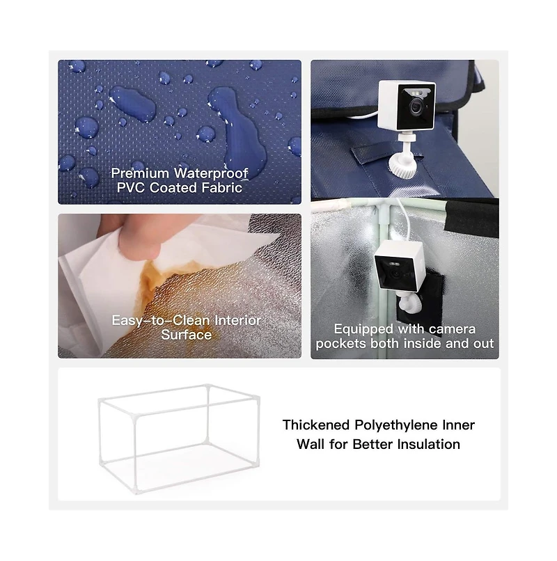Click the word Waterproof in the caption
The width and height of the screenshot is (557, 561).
211,173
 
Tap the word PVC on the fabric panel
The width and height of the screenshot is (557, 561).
130,188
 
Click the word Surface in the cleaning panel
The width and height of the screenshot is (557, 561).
186,335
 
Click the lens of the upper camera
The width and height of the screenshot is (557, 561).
416,106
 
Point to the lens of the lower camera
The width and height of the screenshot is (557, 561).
395,274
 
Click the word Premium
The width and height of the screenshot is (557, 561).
140,173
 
